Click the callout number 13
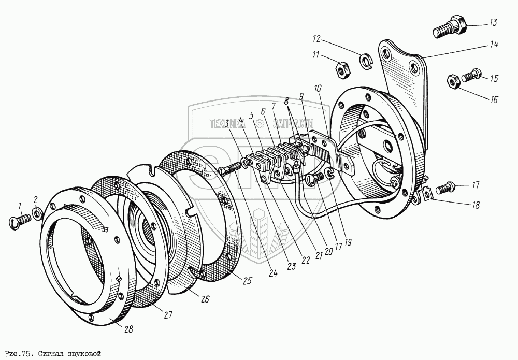pyautogui.click(x=492, y=22)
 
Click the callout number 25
pyautogui.click(x=247, y=281)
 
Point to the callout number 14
pyautogui.click(x=493, y=45)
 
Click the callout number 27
pyautogui.click(x=168, y=314)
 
